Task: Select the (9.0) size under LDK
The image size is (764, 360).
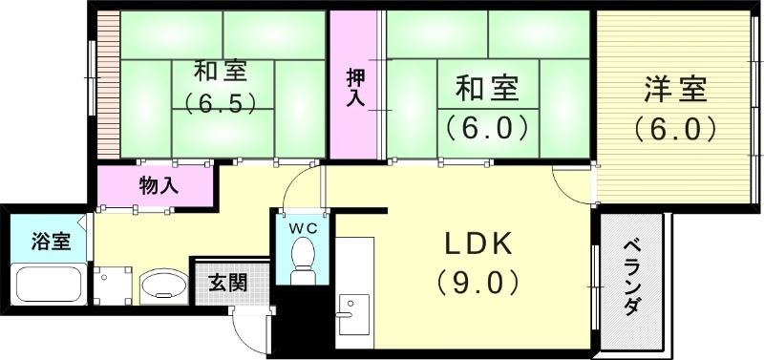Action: point(477,282)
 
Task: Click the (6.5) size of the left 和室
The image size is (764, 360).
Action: point(220,103)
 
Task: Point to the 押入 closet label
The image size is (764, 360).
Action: point(354,87)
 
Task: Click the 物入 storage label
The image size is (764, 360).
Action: point(158,184)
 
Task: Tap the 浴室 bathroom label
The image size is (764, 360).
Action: point(51,241)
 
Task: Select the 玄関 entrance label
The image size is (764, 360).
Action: point(228,283)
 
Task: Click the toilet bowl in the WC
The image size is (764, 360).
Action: point(304,257)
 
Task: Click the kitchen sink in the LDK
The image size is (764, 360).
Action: point(352,314)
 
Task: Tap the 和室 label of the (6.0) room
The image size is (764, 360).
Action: point(486,89)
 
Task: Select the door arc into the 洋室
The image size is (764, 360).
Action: point(574,187)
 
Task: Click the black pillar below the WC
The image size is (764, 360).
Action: point(307,320)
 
